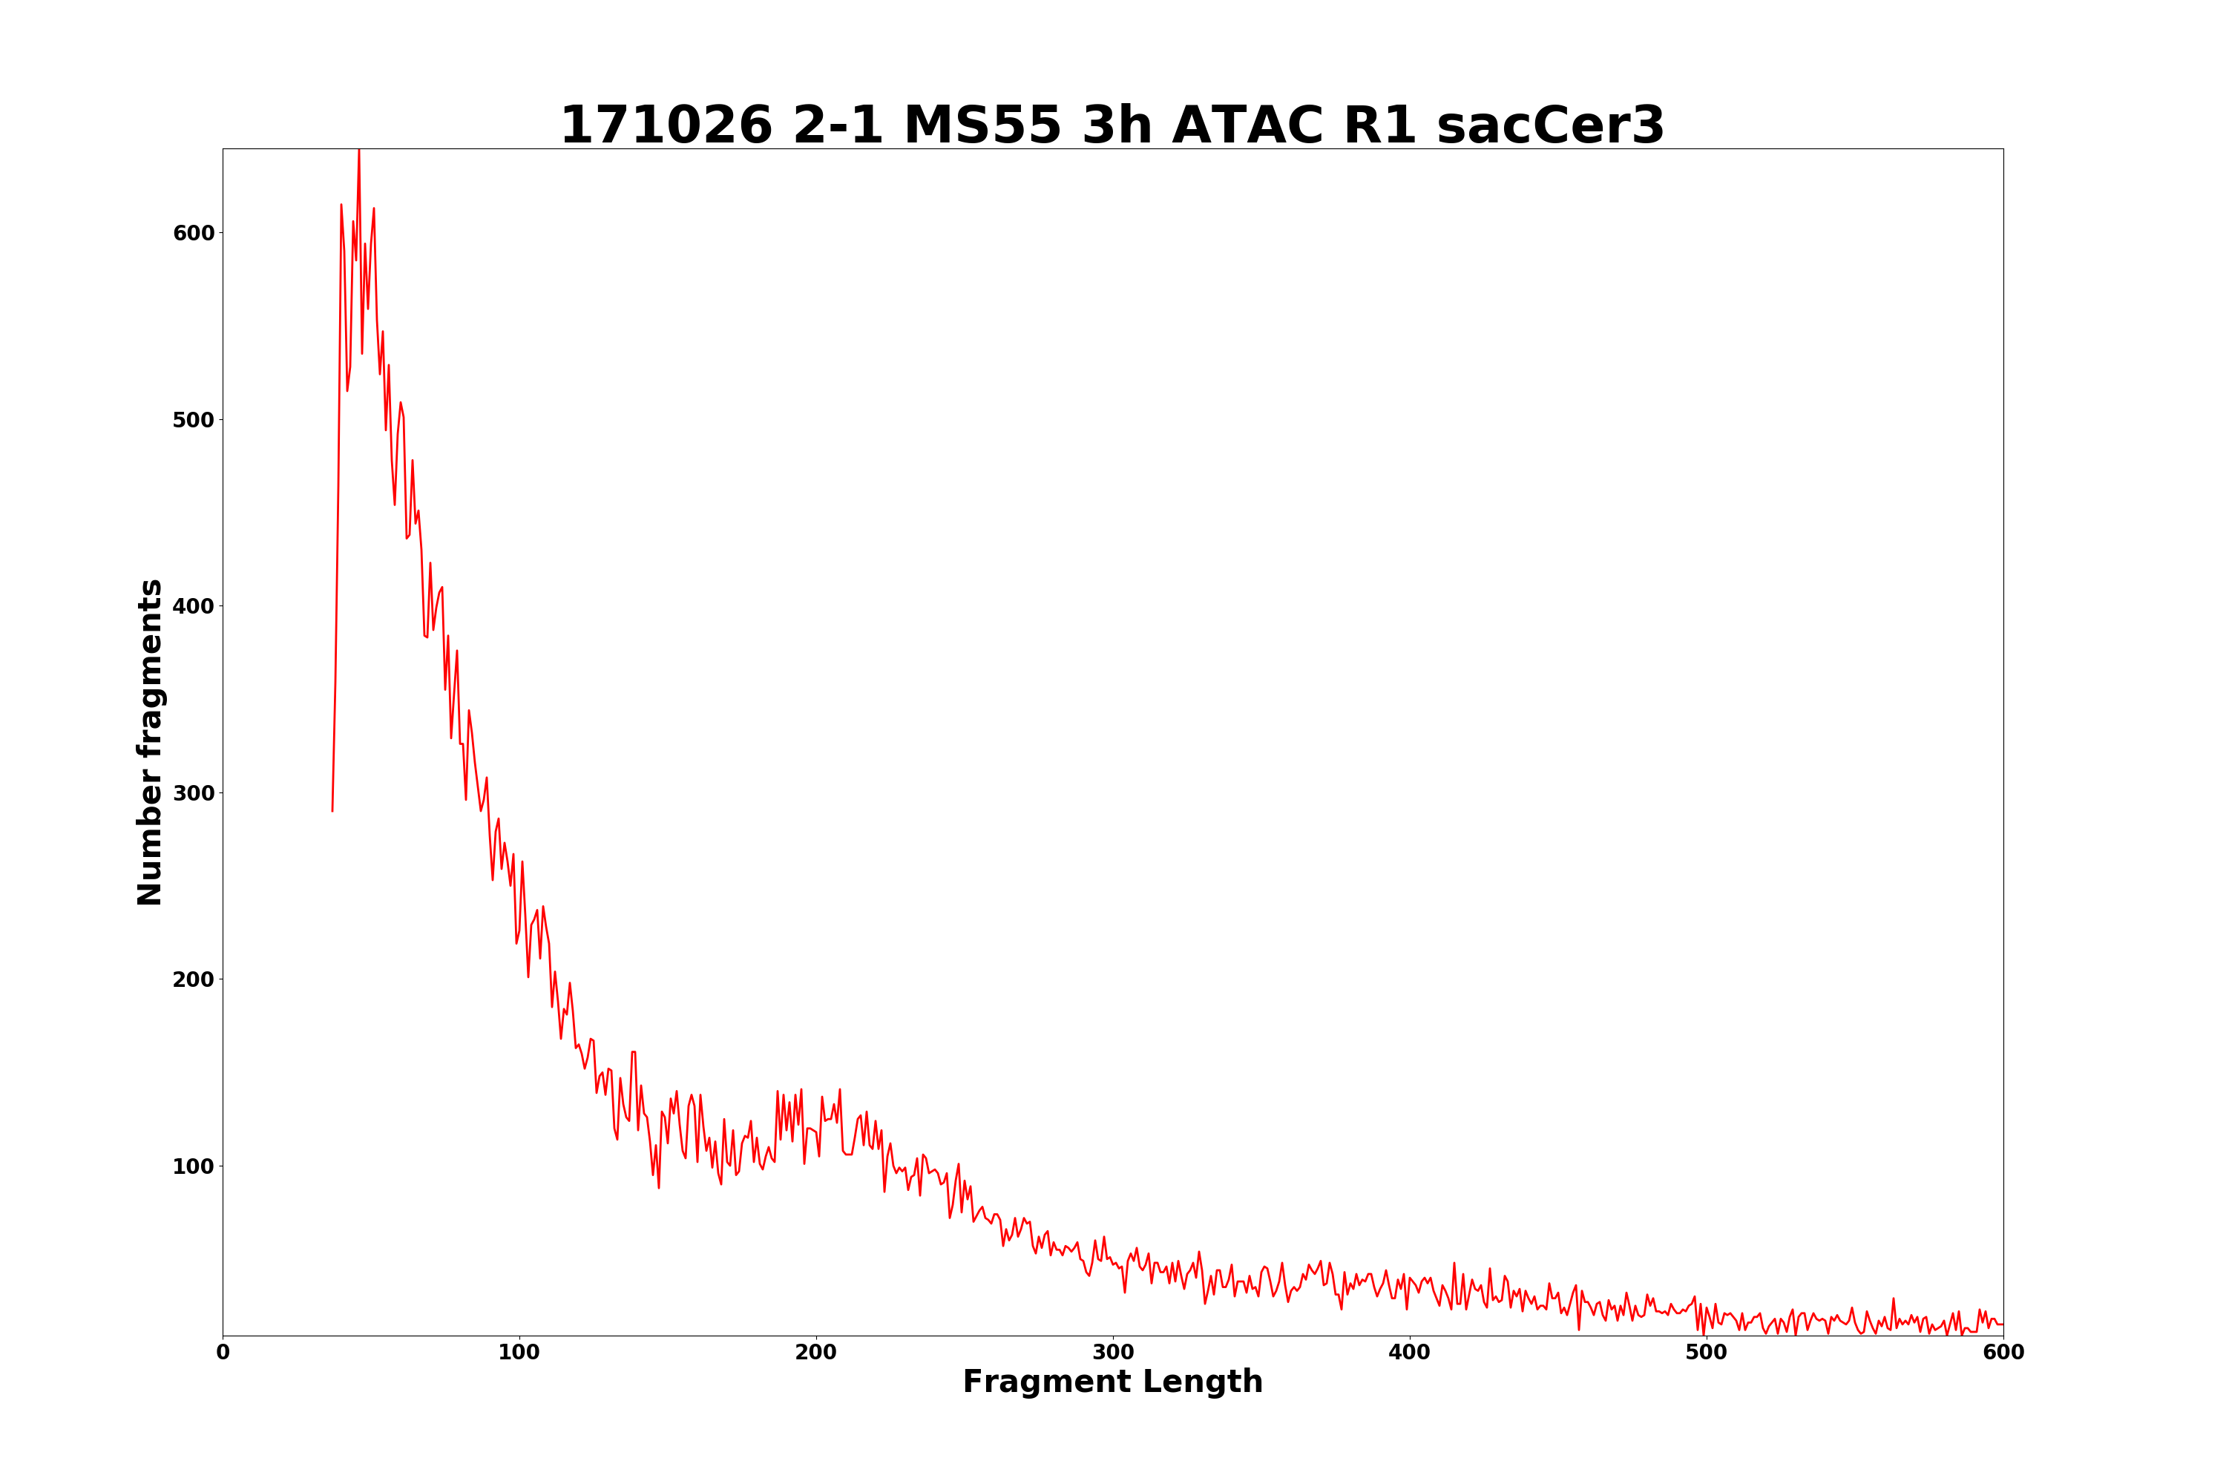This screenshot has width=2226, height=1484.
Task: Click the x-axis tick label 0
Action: [x=223, y=1353]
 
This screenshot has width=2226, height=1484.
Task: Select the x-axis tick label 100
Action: [x=519, y=1353]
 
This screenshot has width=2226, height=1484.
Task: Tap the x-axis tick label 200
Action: [x=815, y=1353]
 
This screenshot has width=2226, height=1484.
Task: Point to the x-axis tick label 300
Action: [x=1113, y=1353]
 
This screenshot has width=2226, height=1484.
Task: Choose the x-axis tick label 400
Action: [x=1409, y=1353]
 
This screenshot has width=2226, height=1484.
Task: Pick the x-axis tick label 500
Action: [x=1707, y=1353]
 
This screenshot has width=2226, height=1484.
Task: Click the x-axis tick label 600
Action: [x=2003, y=1353]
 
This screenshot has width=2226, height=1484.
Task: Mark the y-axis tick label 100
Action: [x=193, y=1167]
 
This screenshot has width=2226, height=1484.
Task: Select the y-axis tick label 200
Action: [x=193, y=979]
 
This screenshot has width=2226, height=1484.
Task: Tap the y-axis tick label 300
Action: [x=193, y=793]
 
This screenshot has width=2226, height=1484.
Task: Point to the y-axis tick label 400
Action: [x=193, y=607]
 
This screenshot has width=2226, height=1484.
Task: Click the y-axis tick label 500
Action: [x=193, y=420]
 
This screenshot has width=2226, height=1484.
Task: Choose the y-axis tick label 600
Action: [x=193, y=234]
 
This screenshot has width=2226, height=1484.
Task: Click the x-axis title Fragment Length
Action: [x=1113, y=1383]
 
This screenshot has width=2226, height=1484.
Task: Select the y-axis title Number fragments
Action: [x=151, y=742]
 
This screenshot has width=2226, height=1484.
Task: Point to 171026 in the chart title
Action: [x=666, y=126]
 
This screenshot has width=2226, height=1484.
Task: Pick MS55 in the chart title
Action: [x=982, y=126]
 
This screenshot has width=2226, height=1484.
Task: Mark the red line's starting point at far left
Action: [x=332, y=810]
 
